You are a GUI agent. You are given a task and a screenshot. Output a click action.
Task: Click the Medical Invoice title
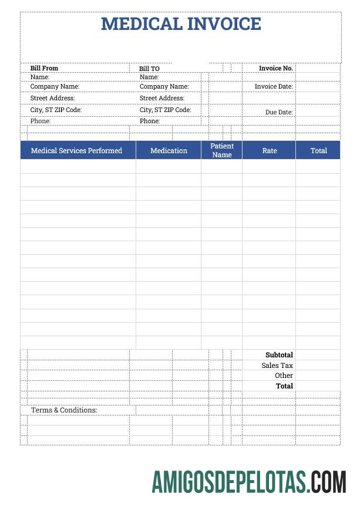(x=181, y=24)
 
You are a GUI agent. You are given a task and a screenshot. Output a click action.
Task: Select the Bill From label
(x=44, y=69)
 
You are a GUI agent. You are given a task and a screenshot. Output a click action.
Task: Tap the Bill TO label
(x=149, y=69)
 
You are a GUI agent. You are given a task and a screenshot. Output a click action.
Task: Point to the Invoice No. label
(x=275, y=69)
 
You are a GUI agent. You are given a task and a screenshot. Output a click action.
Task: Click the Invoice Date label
(x=273, y=86)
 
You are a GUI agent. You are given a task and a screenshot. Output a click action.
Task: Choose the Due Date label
(x=278, y=112)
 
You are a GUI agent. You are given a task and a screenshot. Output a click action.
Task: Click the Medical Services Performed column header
(x=76, y=151)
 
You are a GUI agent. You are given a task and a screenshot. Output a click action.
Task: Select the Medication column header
(x=169, y=151)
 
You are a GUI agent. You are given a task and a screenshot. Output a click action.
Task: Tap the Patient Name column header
(x=222, y=150)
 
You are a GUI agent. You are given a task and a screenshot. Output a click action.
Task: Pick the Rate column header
(x=270, y=151)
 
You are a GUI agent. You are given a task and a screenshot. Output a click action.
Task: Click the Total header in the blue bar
(x=319, y=151)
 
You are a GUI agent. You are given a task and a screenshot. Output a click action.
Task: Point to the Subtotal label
(x=279, y=355)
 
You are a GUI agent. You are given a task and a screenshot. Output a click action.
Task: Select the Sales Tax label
(x=277, y=366)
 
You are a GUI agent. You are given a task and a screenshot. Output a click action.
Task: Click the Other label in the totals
(x=284, y=376)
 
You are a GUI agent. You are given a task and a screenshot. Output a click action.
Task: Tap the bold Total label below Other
(x=284, y=386)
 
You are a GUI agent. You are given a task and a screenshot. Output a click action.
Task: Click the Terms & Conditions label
(x=64, y=410)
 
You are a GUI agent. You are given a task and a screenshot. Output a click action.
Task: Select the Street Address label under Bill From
(x=53, y=98)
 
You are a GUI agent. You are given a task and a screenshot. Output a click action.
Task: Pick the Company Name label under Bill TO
(x=164, y=86)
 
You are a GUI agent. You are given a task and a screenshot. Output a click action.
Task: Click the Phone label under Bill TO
(x=150, y=121)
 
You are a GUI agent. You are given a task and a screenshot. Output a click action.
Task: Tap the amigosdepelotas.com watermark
(x=249, y=482)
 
